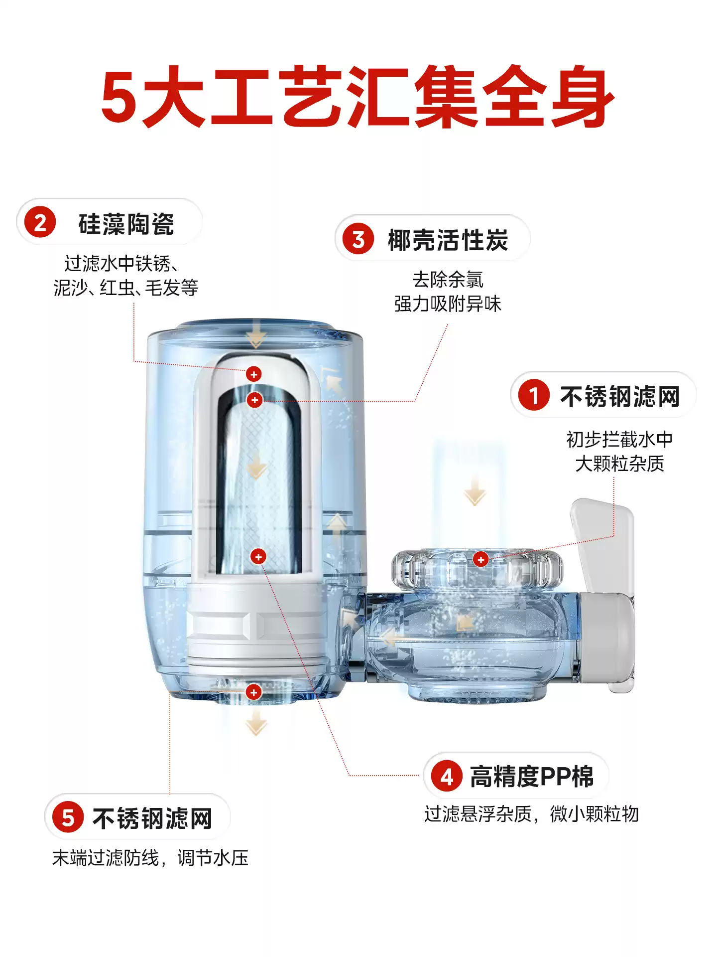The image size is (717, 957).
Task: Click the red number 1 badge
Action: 533,395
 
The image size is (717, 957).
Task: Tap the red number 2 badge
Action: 40,222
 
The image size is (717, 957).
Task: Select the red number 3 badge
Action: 358,239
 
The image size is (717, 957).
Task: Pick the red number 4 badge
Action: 447,776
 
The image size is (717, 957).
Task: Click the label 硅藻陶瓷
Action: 126,223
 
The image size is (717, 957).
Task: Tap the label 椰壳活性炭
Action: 448,240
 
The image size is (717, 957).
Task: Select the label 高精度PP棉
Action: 532,777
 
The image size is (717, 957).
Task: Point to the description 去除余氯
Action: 448,280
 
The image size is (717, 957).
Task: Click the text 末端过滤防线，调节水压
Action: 150,858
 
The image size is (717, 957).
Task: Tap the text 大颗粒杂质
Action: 619,464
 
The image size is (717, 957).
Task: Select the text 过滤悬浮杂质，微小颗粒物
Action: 531,814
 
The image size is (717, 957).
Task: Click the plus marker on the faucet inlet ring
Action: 480,560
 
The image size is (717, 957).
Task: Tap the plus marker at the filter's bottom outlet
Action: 253,692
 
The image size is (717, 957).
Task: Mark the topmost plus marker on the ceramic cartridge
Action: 253,374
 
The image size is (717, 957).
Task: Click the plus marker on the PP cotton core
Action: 258,556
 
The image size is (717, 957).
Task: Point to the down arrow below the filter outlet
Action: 256,723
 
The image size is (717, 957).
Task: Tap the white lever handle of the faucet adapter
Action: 603,543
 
